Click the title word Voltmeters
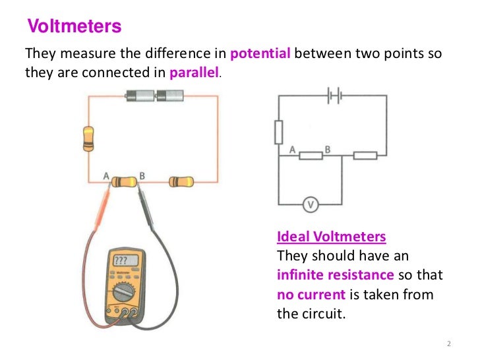(x=75, y=26)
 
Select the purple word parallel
(x=194, y=73)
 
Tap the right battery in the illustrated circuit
(x=170, y=96)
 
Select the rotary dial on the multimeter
(x=125, y=290)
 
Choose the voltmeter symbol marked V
(x=310, y=205)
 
